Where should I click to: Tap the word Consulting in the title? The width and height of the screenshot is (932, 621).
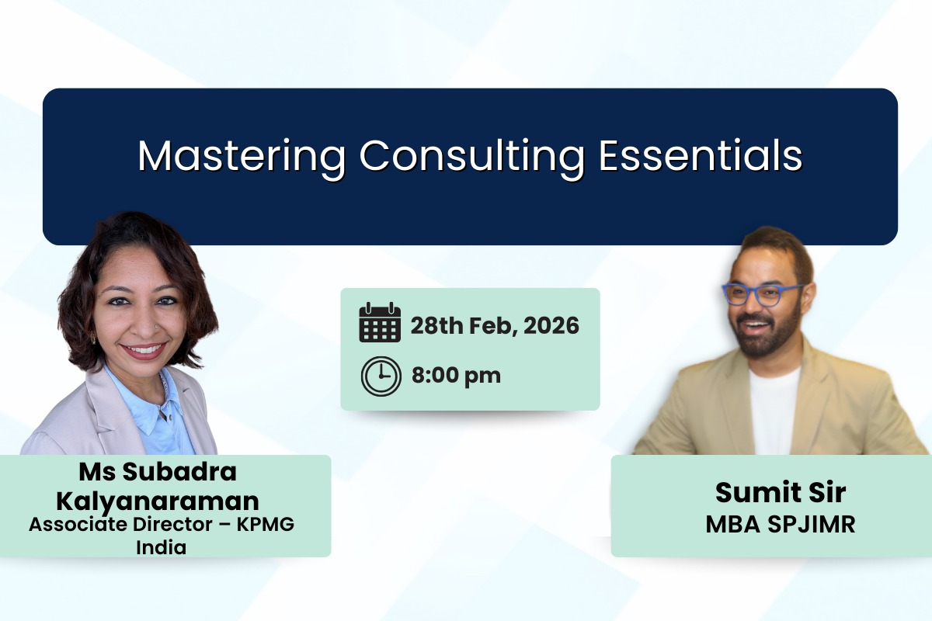(x=471, y=157)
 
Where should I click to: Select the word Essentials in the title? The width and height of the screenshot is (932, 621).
(x=701, y=157)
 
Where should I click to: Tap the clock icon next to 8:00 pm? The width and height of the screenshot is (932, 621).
(x=381, y=376)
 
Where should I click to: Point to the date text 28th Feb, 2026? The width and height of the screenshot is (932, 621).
(x=495, y=325)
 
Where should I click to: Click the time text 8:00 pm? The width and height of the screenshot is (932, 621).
(x=456, y=376)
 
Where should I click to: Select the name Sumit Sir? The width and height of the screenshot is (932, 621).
(x=780, y=492)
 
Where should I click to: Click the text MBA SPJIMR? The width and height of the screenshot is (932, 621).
(x=780, y=525)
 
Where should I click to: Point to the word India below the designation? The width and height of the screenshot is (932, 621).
(x=162, y=547)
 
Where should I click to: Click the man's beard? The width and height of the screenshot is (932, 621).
(x=765, y=338)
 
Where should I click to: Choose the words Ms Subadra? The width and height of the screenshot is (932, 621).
(x=158, y=471)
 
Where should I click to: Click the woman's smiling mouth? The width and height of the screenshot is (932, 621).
(x=143, y=350)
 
